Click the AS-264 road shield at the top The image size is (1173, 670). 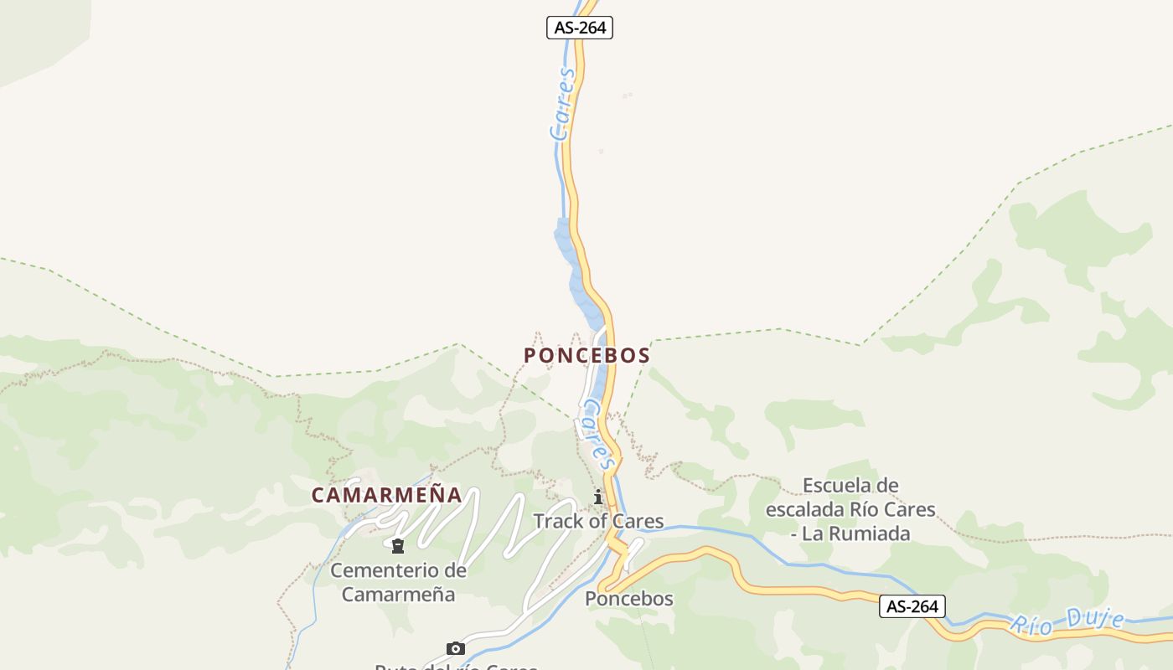coord(580,28)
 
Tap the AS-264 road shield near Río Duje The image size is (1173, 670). coord(912,606)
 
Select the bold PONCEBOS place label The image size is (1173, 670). coord(586,355)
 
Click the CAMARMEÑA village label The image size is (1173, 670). coord(386,495)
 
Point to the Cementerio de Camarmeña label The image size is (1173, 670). coord(398,582)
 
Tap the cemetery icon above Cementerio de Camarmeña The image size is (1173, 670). coord(398,547)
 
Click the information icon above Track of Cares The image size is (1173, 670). coord(598,497)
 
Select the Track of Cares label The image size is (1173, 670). coord(598,521)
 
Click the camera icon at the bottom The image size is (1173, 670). coord(455,648)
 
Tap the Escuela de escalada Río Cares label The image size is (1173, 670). coord(850,497)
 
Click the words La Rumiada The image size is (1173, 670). coord(855,533)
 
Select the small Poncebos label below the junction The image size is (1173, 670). coord(628,599)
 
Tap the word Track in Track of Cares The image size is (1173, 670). coord(559,521)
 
